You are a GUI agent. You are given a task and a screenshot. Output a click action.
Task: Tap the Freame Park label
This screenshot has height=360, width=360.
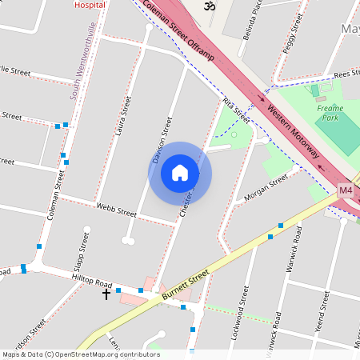pos(330,113)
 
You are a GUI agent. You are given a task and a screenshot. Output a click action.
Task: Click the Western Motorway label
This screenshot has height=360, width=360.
pos(294,131)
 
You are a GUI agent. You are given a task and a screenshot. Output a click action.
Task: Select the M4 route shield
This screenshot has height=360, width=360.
pos(346,190)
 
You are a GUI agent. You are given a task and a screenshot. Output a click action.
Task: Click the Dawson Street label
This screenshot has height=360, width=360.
pos(162,137)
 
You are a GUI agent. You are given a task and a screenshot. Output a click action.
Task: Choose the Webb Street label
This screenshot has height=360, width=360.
pos(116,210)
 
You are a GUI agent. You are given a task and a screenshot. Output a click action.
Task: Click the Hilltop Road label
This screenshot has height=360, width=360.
pos(92,282)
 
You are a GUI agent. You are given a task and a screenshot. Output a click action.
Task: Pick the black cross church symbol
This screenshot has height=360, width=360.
pos(106,294)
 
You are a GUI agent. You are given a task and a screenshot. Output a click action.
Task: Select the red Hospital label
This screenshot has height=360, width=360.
pos(89,4)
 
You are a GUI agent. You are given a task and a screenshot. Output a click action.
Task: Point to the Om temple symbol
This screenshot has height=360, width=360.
pos(210,6)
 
